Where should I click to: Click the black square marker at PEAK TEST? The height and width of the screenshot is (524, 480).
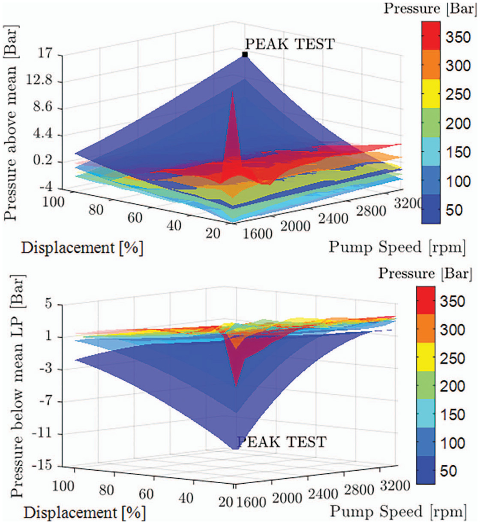coord(245,55)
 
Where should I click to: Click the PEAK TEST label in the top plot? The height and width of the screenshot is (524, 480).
coord(289,44)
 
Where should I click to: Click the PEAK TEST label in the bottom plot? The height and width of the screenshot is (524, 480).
coord(282,442)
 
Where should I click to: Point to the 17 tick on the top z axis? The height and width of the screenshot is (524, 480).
coord(45,54)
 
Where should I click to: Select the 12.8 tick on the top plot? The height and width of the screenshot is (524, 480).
coord(39,81)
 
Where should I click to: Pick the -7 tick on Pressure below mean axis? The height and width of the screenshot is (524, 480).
coord(44,401)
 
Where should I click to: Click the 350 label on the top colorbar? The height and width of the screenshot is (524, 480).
coord(458,37)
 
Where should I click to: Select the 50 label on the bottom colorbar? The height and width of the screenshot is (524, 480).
coord(448,471)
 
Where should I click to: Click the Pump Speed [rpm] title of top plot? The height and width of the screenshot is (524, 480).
coord(397,247)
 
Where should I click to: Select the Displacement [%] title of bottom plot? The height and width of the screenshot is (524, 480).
coord(84,512)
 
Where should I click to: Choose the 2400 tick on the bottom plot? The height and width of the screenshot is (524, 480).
coord(323,494)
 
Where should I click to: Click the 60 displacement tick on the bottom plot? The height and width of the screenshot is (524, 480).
coord(146,494)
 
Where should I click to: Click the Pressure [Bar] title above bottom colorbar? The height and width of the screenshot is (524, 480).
coord(425,273)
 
